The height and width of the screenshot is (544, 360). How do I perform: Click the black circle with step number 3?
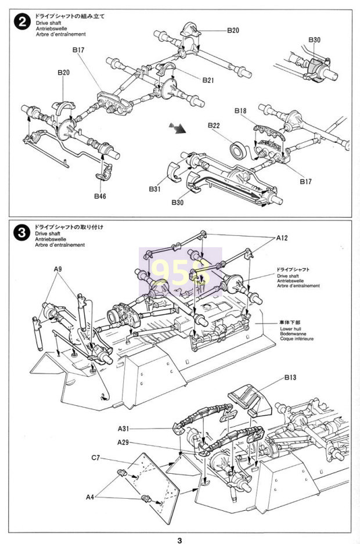tap(22, 233)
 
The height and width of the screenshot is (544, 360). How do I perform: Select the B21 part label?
tap(209, 80)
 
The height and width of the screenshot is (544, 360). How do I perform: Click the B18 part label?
tap(242, 110)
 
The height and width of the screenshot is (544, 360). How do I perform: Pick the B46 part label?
tap(100, 196)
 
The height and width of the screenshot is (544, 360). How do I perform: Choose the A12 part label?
tap(282, 238)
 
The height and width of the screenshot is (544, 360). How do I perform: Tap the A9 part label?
tap(58, 269)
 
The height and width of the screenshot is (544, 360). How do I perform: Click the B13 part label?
tap(290, 378)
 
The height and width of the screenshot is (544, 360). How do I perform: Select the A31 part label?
tap(124, 428)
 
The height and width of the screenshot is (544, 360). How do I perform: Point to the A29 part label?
tap(124, 443)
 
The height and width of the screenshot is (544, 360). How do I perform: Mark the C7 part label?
tap(98, 459)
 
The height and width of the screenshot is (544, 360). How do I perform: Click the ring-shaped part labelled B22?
tap(239, 149)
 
